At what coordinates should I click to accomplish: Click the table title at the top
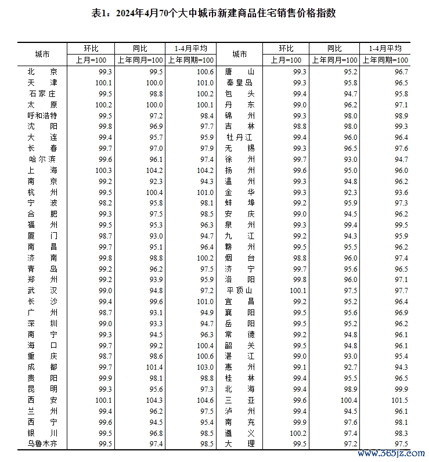pos(214,13)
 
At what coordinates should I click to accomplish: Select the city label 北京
pos(42,71)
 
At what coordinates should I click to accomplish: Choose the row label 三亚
pos(240,400)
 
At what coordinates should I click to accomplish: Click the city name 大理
pos(240,445)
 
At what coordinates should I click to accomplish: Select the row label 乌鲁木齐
pos(42,445)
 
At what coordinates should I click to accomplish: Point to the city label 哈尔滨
pos(42,160)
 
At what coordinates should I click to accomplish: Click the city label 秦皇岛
pos(240,83)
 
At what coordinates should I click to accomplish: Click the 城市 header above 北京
pos(42,55)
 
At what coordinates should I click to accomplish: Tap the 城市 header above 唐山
pos(240,55)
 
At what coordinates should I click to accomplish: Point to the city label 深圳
pos(42,324)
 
